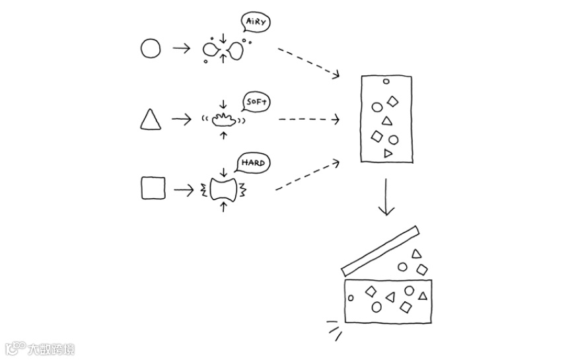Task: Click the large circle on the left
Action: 151,48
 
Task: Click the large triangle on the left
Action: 151,120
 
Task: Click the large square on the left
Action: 153,188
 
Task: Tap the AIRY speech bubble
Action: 257,22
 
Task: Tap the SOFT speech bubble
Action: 256,102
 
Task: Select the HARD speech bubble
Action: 252,162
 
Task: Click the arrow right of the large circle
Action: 180,48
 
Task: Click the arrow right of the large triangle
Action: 181,120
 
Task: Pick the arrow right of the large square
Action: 184,190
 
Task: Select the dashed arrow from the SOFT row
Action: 308,120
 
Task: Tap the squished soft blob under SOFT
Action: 223,120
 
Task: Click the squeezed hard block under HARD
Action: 223,190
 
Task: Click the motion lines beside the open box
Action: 335,328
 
